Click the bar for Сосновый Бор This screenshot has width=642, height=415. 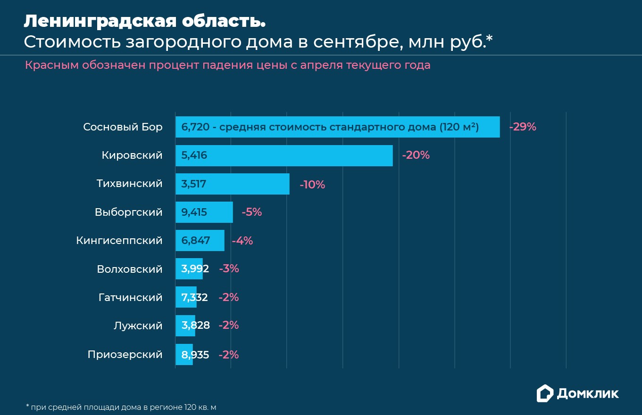pyautogui.click(x=337, y=127)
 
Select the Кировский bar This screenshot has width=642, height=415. pyautogui.click(x=284, y=155)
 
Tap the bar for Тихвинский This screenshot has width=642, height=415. pyautogui.click(x=233, y=184)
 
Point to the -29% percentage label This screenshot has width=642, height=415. pyautogui.click(x=523, y=127)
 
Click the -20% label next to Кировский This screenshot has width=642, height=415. pyautogui.click(x=416, y=155)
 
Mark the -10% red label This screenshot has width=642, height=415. pyautogui.click(x=312, y=185)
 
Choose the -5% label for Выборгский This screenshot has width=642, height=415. pyautogui.click(x=252, y=212)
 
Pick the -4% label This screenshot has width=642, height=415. pyautogui.click(x=242, y=241)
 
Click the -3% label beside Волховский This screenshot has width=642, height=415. pyautogui.click(x=229, y=269)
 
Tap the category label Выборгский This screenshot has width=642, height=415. pyautogui.click(x=128, y=212)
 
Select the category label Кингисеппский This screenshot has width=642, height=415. pyautogui.click(x=119, y=241)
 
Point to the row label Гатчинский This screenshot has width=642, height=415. pyautogui.click(x=130, y=298)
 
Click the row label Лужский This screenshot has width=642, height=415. pyautogui.click(x=138, y=326)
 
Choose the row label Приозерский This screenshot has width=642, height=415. pyautogui.click(x=125, y=355)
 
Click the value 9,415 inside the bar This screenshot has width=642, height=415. pyautogui.click(x=194, y=212)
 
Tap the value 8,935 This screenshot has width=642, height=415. pyautogui.click(x=195, y=355)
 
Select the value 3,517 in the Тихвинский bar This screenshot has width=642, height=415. pyautogui.click(x=194, y=184)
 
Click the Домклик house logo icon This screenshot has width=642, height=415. pyautogui.click(x=545, y=393)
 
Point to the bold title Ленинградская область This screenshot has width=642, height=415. pyautogui.click(x=144, y=21)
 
